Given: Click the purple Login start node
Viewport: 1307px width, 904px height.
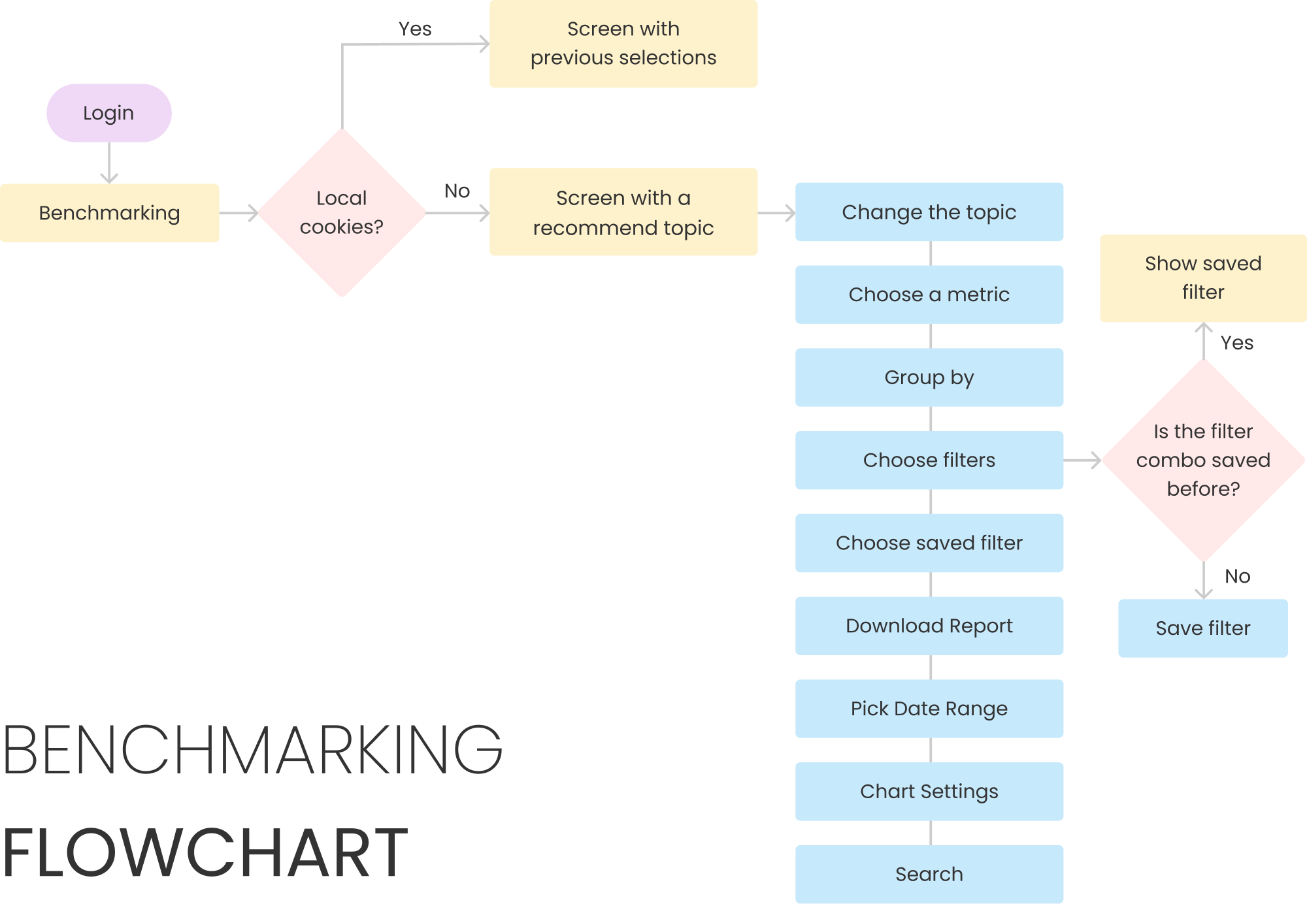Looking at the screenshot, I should tap(109, 113).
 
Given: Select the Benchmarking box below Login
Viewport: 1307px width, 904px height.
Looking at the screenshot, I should tap(110, 213).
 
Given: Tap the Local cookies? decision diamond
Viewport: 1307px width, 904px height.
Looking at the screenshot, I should tap(342, 213).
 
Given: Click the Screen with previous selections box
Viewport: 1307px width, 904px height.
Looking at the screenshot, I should tap(623, 44).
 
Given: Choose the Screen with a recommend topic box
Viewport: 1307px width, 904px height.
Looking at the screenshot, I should tap(623, 212).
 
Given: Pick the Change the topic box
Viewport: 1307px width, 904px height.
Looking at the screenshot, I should tap(929, 212).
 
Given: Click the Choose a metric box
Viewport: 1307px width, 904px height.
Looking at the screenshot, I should tap(929, 295).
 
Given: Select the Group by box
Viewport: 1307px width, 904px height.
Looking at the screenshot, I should tap(929, 378).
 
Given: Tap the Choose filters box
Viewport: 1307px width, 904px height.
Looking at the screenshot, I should tap(929, 460).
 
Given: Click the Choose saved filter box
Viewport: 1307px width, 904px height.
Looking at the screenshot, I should tap(929, 543).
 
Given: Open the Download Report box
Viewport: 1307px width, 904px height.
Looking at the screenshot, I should tap(929, 626).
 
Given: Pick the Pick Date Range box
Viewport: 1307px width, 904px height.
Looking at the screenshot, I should tap(929, 709).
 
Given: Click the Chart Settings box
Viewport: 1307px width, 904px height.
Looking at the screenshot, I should tap(929, 792).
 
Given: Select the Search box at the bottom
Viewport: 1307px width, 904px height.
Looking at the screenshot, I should tap(929, 874).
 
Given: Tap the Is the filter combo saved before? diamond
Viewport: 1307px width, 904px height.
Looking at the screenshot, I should tap(1203, 460).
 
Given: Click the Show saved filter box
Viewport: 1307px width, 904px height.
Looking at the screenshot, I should tap(1203, 278).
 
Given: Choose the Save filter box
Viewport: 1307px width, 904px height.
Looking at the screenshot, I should tap(1203, 628).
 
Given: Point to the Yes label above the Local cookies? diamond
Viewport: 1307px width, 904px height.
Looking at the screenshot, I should tap(415, 29).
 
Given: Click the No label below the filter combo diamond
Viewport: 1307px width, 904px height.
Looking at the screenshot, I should tap(1237, 576).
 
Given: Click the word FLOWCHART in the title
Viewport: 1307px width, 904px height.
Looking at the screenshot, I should tap(205, 853).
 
